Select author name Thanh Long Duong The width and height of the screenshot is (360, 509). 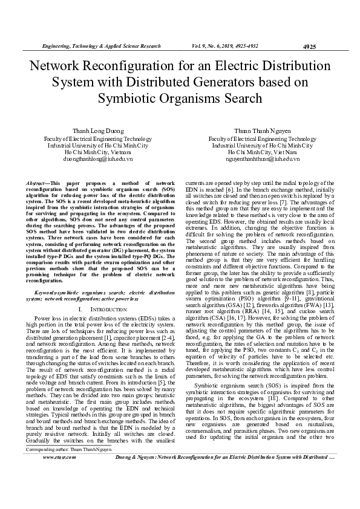point(98,131)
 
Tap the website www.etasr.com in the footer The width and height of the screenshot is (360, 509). point(58,491)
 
